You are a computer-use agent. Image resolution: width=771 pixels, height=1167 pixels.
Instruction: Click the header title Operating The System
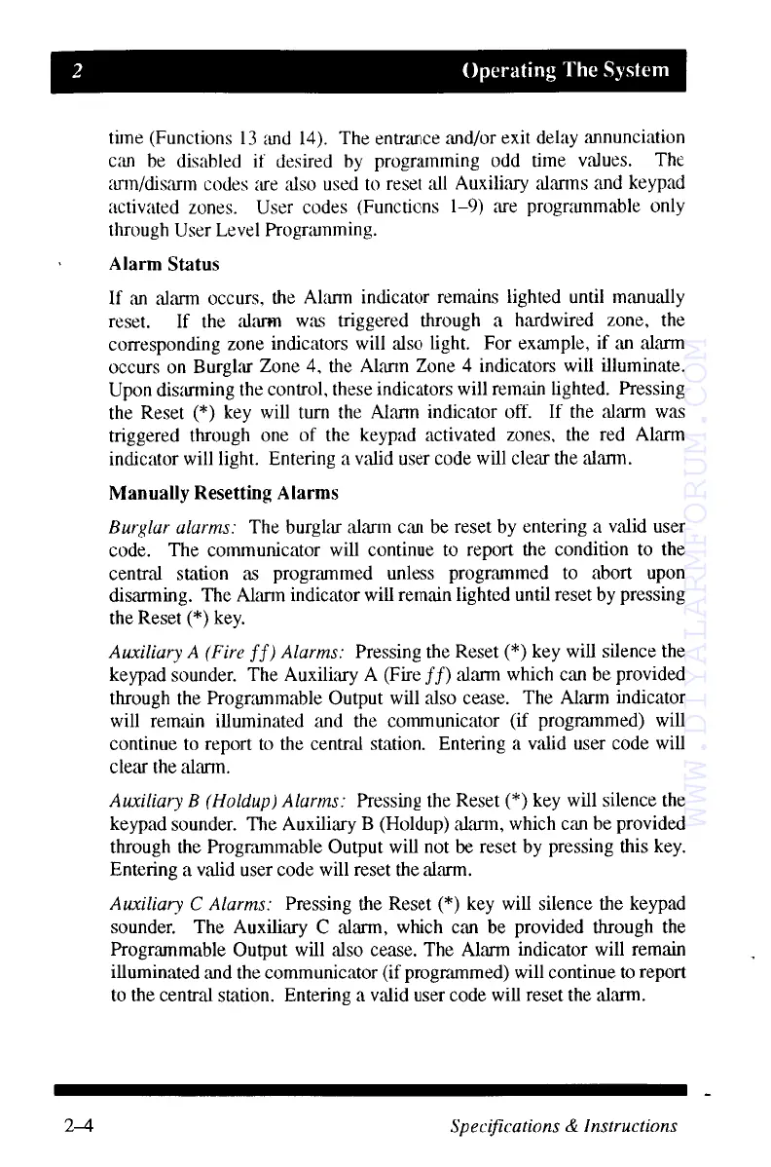(x=566, y=70)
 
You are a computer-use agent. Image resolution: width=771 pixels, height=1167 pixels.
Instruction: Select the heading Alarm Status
(x=165, y=264)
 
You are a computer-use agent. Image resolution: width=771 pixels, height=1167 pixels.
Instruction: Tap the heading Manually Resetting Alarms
(x=225, y=493)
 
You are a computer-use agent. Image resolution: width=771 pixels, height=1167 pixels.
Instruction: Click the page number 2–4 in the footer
(x=73, y=1126)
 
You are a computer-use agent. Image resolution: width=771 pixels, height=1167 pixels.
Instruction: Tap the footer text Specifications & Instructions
(x=564, y=1126)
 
